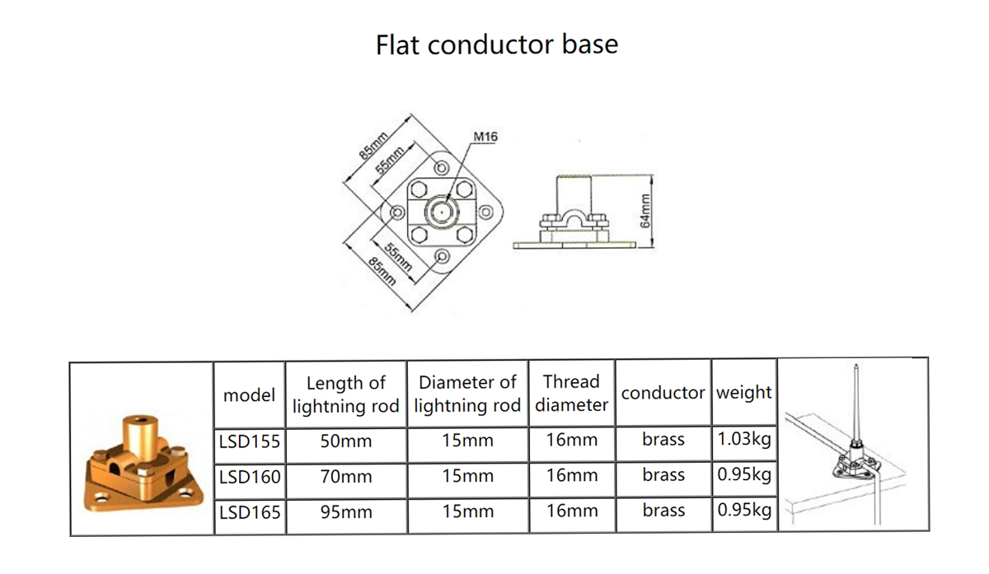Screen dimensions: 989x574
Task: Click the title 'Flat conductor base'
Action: coord(497,44)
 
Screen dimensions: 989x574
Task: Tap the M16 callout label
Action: coord(485,137)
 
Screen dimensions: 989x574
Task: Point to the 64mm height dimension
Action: coord(645,211)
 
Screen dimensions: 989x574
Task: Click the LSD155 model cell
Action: coord(250,441)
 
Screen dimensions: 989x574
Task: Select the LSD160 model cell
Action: coord(250,477)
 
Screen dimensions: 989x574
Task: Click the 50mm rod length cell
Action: coord(346,441)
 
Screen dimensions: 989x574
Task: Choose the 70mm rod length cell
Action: coord(346,477)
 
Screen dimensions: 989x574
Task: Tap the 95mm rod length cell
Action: coord(346,512)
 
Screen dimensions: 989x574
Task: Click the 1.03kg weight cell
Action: coord(744,440)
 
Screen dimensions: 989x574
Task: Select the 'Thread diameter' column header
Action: coord(572,393)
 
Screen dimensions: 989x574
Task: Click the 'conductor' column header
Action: coord(663,393)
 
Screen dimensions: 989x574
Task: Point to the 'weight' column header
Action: coord(744,393)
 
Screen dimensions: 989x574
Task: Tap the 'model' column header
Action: coord(250,394)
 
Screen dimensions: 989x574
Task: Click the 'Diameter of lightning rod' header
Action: coord(467,394)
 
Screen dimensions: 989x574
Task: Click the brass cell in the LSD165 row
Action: coord(663,511)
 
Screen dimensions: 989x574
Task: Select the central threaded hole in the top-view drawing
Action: coord(442,212)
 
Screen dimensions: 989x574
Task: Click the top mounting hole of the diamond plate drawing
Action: coord(442,168)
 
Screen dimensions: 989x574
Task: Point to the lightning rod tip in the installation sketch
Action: coord(855,366)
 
